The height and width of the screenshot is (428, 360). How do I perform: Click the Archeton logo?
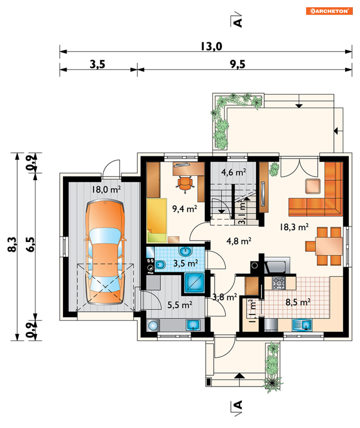click(x=329, y=11)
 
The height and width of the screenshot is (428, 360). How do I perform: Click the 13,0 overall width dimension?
click(x=211, y=46)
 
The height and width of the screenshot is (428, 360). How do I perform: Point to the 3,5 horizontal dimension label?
click(x=97, y=64)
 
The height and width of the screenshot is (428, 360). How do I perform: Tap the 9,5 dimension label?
click(x=238, y=64)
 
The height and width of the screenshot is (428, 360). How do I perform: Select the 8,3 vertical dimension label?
click(x=12, y=244)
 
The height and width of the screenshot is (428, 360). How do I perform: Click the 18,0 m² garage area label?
click(x=106, y=189)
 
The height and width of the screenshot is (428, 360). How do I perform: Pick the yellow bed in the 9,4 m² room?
click(x=157, y=220)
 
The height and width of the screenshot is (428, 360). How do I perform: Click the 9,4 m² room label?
click(x=185, y=209)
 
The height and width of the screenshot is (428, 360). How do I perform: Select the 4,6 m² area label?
click(x=233, y=172)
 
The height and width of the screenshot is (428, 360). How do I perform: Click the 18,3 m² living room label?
click(x=294, y=227)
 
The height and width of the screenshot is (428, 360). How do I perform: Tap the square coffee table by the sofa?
click(x=313, y=186)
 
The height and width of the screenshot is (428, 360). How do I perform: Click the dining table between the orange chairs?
click(x=329, y=246)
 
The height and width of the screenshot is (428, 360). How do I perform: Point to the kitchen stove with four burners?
click(x=279, y=283)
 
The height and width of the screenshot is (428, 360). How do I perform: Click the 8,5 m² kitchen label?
click(x=298, y=302)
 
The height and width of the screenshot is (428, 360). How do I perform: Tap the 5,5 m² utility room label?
click(x=180, y=305)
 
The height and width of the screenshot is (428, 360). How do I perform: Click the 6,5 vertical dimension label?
click(x=30, y=244)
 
